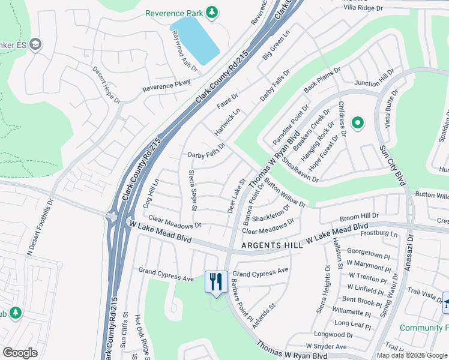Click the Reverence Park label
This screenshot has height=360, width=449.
click(173, 13)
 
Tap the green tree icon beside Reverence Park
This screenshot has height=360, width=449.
click(211, 12)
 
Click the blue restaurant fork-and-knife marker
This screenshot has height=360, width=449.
click(215, 281)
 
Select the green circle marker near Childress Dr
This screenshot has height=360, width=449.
click(358, 124)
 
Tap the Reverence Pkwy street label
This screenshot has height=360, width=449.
click(166, 86)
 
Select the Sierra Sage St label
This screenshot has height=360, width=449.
click(193, 190)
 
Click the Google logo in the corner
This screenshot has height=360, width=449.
click(20, 353)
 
